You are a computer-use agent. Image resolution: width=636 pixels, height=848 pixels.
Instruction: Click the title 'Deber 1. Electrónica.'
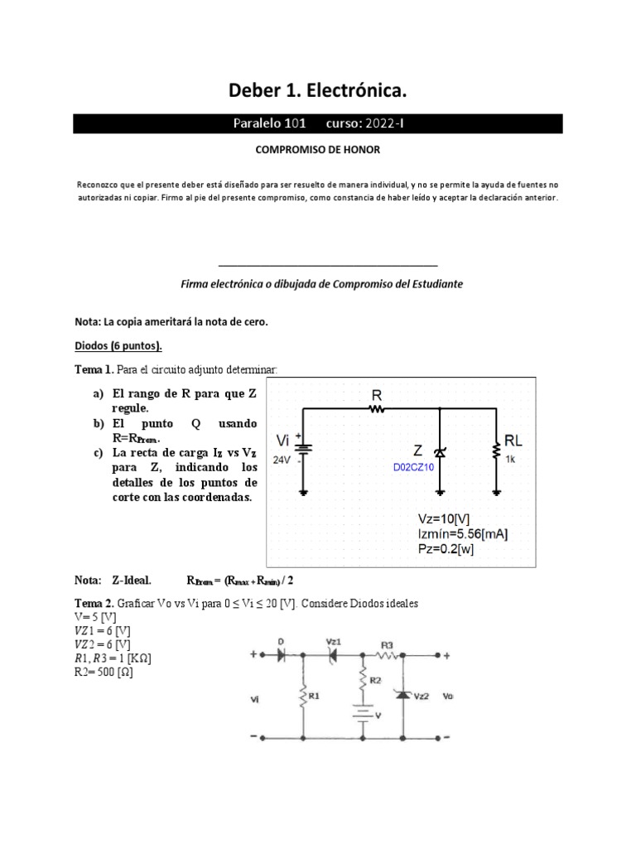point(318,89)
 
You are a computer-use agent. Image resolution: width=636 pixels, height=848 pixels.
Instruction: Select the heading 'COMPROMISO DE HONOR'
point(318,152)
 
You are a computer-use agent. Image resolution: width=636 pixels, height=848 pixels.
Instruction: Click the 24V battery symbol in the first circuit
point(305,450)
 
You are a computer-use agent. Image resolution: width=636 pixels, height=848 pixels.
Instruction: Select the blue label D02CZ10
point(413,466)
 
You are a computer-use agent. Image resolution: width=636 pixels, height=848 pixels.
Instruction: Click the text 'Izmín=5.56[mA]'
point(463,534)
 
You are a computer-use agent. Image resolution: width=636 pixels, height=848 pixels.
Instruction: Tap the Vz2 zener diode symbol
point(402,694)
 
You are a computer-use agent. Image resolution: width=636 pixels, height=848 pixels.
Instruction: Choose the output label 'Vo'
point(448,697)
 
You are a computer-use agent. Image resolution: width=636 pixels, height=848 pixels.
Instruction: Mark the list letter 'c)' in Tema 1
point(99,453)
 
